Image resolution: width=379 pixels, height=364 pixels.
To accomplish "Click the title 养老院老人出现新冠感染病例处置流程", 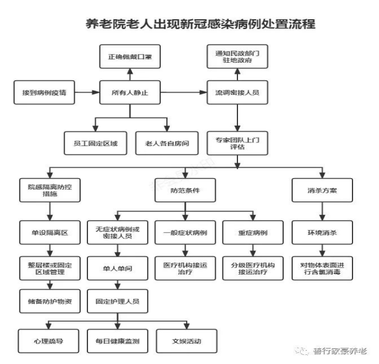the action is click(x=201, y=24).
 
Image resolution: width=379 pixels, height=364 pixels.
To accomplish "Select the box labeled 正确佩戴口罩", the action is click(x=130, y=56).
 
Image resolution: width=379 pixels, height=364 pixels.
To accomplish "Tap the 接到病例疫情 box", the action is click(x=44, y=92).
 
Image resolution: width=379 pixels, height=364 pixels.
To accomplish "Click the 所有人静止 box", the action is click(x=130, y=92).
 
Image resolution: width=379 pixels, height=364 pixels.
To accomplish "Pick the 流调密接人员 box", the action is click(x=237, y=92).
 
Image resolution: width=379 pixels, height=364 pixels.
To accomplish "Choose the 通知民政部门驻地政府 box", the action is click(x=237, y=56).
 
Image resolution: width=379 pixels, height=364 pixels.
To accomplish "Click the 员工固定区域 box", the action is click(x=95, y=143).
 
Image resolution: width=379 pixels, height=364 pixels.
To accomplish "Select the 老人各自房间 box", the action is click(x=167, y=143).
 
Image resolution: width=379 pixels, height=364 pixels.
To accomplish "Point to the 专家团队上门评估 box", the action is click(x=237, y=143).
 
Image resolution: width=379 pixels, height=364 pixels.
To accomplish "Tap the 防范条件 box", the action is click(x=185, y=190).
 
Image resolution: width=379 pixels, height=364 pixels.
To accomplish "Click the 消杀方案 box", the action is click(x=322, y=190).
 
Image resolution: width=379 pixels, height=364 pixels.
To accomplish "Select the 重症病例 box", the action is click(x=253, y=232).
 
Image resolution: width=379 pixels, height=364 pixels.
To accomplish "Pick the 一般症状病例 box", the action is click(x=185, y=232).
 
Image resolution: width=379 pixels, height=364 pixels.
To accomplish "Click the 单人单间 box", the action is click(x=117, y=269).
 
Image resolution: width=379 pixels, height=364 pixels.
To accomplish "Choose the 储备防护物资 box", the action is click(x=50, y=301).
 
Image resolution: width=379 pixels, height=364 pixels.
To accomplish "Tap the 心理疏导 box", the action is click(x=48, y=341).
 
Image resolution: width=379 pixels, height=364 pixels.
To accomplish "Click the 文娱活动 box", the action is click(x=187, y=341).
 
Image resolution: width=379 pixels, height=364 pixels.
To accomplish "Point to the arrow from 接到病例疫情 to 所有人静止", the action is click(x=87, y=92).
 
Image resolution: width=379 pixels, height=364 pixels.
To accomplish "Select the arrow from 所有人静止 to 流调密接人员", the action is click(x=184, y=92).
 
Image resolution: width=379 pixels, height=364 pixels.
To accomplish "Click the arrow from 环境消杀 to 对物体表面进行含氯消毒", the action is click(x=322, y=251).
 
